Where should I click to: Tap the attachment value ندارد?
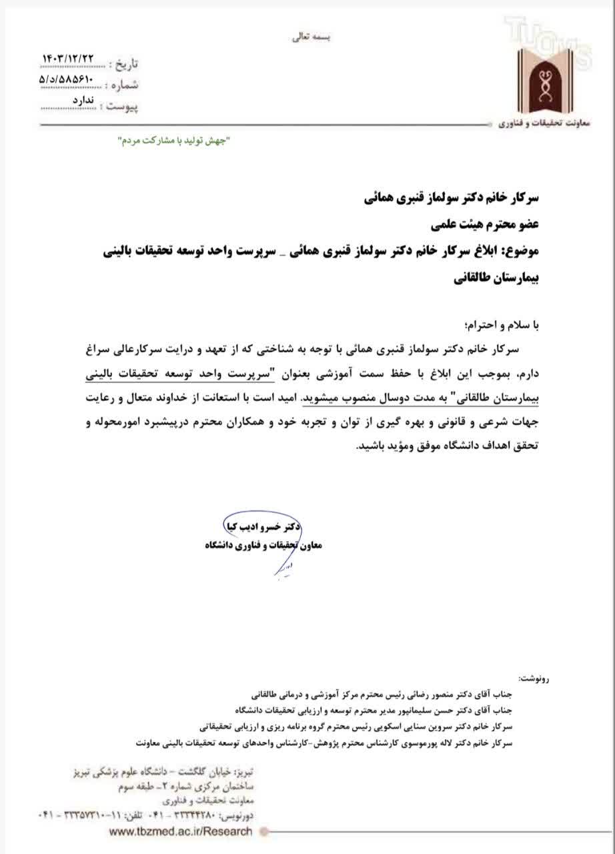83,99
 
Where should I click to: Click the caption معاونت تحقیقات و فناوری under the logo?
541,125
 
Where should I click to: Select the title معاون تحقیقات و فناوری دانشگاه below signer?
263,545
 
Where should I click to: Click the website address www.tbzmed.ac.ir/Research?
181,831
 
